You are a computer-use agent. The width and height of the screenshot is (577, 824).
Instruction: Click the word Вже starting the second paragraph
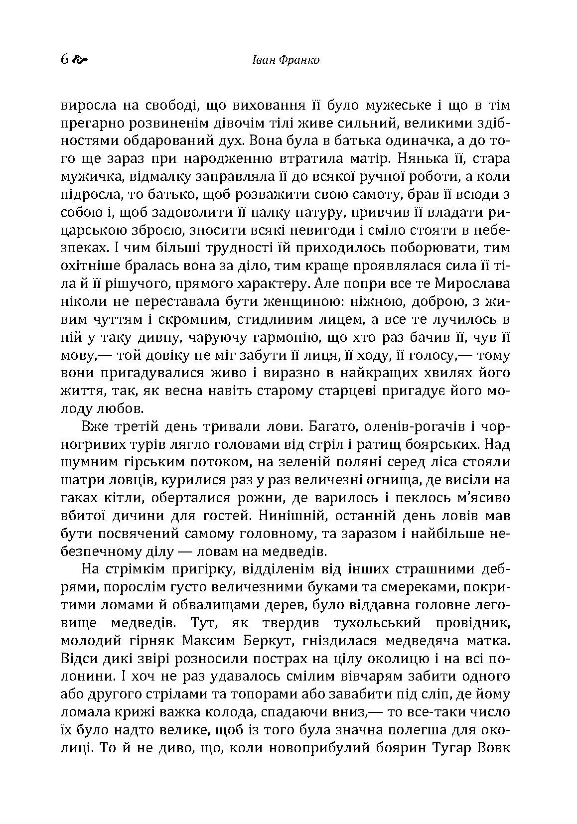point(95,427)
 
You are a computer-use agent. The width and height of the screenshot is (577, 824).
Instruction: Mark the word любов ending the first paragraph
point(119,409)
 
